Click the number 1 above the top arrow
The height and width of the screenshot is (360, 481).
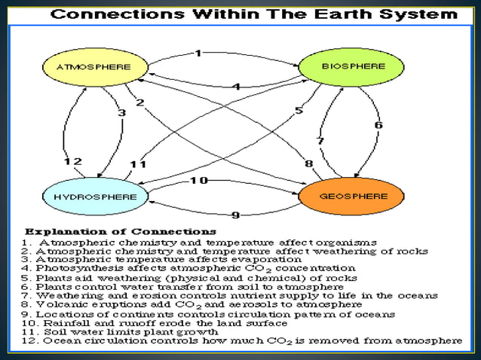(198, 53)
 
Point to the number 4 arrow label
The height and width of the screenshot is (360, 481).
(235, 87)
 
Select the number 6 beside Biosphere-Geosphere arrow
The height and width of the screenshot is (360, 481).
(378, 125)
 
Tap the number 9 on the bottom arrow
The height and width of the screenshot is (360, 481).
(234, 215)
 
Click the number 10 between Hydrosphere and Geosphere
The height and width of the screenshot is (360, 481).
(198, 180)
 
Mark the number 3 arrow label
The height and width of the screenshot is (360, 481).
(121, 113)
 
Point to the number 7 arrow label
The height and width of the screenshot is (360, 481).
(320, 141)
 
